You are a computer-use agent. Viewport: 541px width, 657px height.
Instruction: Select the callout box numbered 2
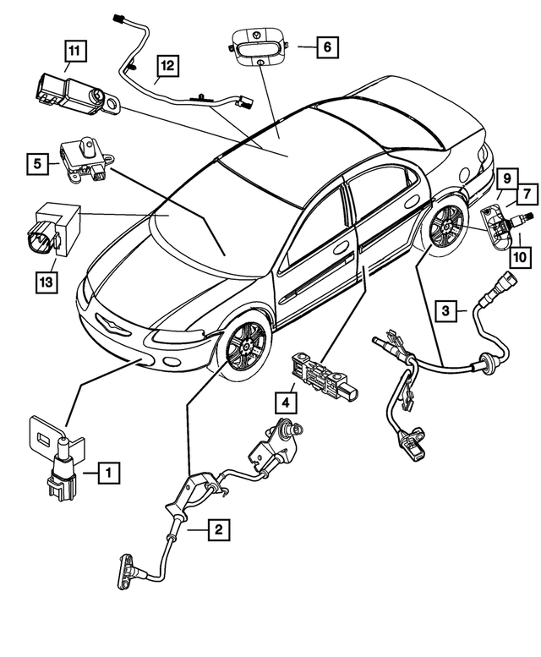click(x=218, y=530)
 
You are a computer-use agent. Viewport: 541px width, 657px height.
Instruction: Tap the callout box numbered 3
click(x=447, y=311)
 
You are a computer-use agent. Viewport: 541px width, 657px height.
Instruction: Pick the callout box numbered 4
click(x=288, y=400)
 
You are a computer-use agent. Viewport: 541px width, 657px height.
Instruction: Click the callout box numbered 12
click(x=166, y=64)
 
